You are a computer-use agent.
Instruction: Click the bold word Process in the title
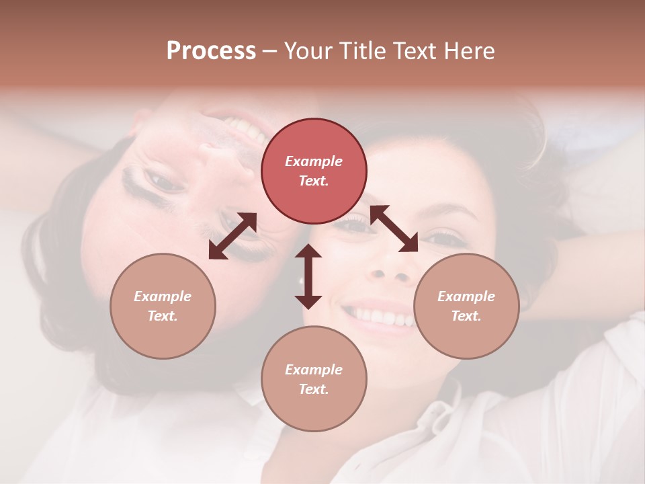pos(211,51)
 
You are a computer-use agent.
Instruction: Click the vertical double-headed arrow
pos(308,276)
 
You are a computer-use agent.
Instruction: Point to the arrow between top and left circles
pos(232,236)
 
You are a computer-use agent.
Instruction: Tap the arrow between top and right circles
pos(394,229)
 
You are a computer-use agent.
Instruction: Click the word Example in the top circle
pos(314,161)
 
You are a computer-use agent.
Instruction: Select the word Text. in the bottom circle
pos(313,389)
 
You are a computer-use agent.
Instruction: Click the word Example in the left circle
pos(163,296)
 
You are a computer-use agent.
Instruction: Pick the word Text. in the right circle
pos(466,316)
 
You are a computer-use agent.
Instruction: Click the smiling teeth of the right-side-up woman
pos(380,316)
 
